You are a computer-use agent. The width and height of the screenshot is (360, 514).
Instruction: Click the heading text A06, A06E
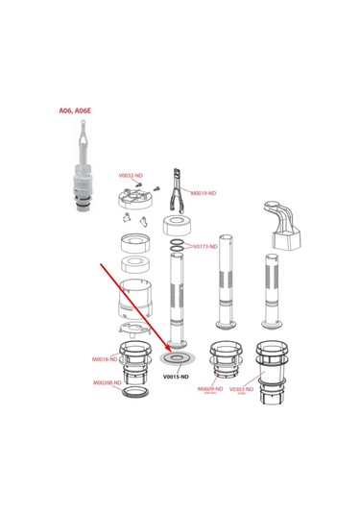(x=75, y=110)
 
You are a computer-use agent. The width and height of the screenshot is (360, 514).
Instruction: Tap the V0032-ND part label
(x=131, y=176)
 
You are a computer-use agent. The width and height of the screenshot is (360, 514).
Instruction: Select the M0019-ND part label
(x=204, y=193)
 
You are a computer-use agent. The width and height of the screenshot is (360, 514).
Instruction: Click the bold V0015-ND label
(x=178, y=378)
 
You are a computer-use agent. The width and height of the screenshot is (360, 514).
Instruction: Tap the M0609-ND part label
(x=210, y=389)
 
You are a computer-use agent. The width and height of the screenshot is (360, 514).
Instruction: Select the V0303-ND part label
(x=241, y=389)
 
